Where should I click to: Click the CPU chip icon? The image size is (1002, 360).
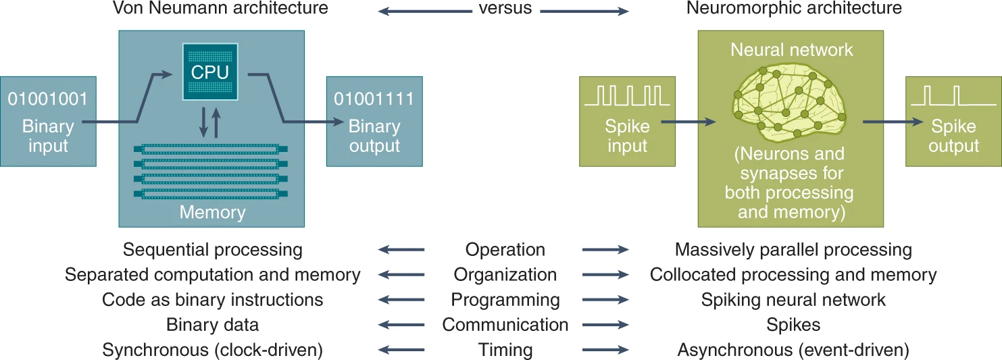(210, 72)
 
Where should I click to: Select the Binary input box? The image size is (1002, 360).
(48, 122)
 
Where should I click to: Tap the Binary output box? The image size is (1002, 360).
(374, 122)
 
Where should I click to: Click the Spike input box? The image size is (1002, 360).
(627, 122)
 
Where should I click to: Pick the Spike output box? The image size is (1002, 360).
(953, 122)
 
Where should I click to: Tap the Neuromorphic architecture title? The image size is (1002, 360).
(793, 9)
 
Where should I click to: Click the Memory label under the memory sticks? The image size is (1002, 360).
(212, 213)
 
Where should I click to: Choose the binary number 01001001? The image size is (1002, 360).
(48, 99)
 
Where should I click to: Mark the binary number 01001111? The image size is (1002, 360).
(374, 99)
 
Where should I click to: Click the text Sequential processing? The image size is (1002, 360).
(212, 250)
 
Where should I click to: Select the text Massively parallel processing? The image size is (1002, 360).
(793, 250)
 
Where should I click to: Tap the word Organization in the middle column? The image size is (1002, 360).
(505, 275)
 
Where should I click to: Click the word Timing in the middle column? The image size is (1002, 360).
(505, 351)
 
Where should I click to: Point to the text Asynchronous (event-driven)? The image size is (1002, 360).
(793, 351)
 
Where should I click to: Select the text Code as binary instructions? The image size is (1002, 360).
(212, 300)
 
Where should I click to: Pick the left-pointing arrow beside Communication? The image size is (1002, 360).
(401, 326)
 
